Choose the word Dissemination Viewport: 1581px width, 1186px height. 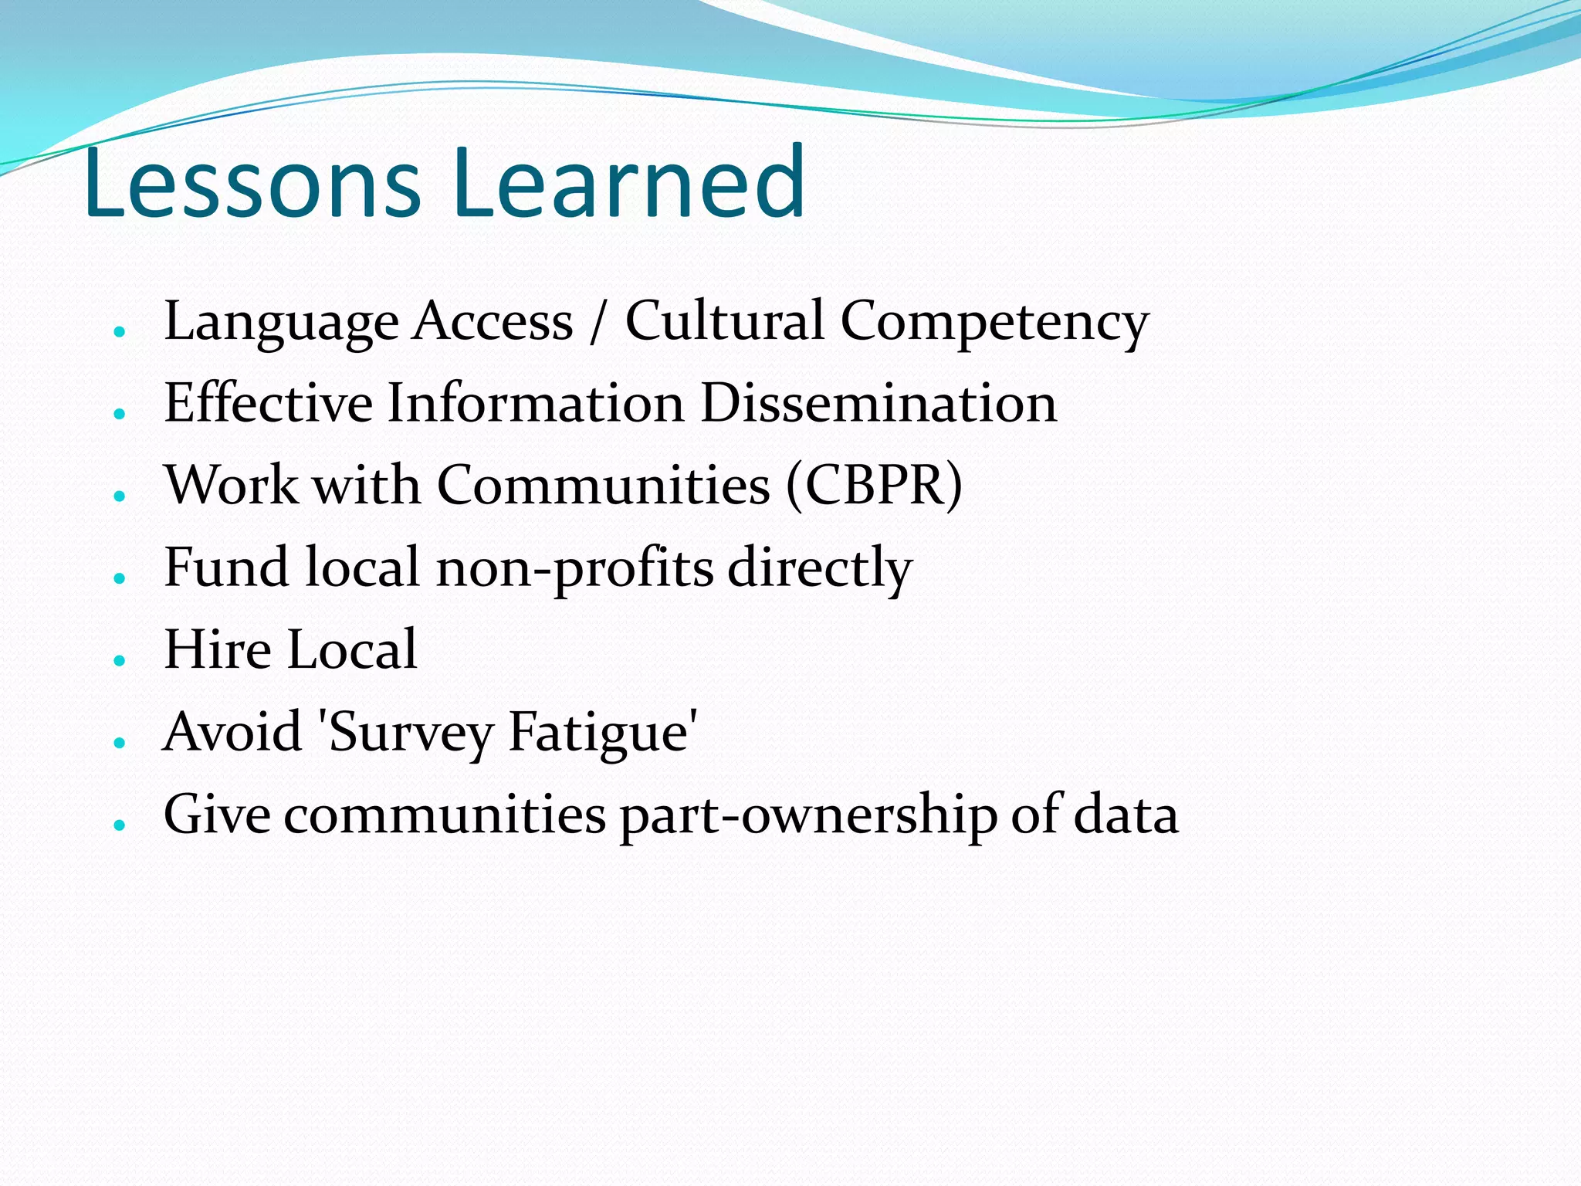tap(878, 403)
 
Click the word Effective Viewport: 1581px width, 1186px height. tap(268, 403)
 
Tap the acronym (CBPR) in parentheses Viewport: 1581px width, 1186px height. tap(875, 486)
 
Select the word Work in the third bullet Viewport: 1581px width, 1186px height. tap(232, 486)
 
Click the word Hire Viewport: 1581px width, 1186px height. tap(218, 650)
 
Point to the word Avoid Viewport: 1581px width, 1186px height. tap(232, 732)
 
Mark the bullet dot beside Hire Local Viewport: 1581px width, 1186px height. tap(119, 660)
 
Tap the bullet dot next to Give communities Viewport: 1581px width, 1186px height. tap(119, 825)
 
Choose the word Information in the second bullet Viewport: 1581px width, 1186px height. tap(535, 403)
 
